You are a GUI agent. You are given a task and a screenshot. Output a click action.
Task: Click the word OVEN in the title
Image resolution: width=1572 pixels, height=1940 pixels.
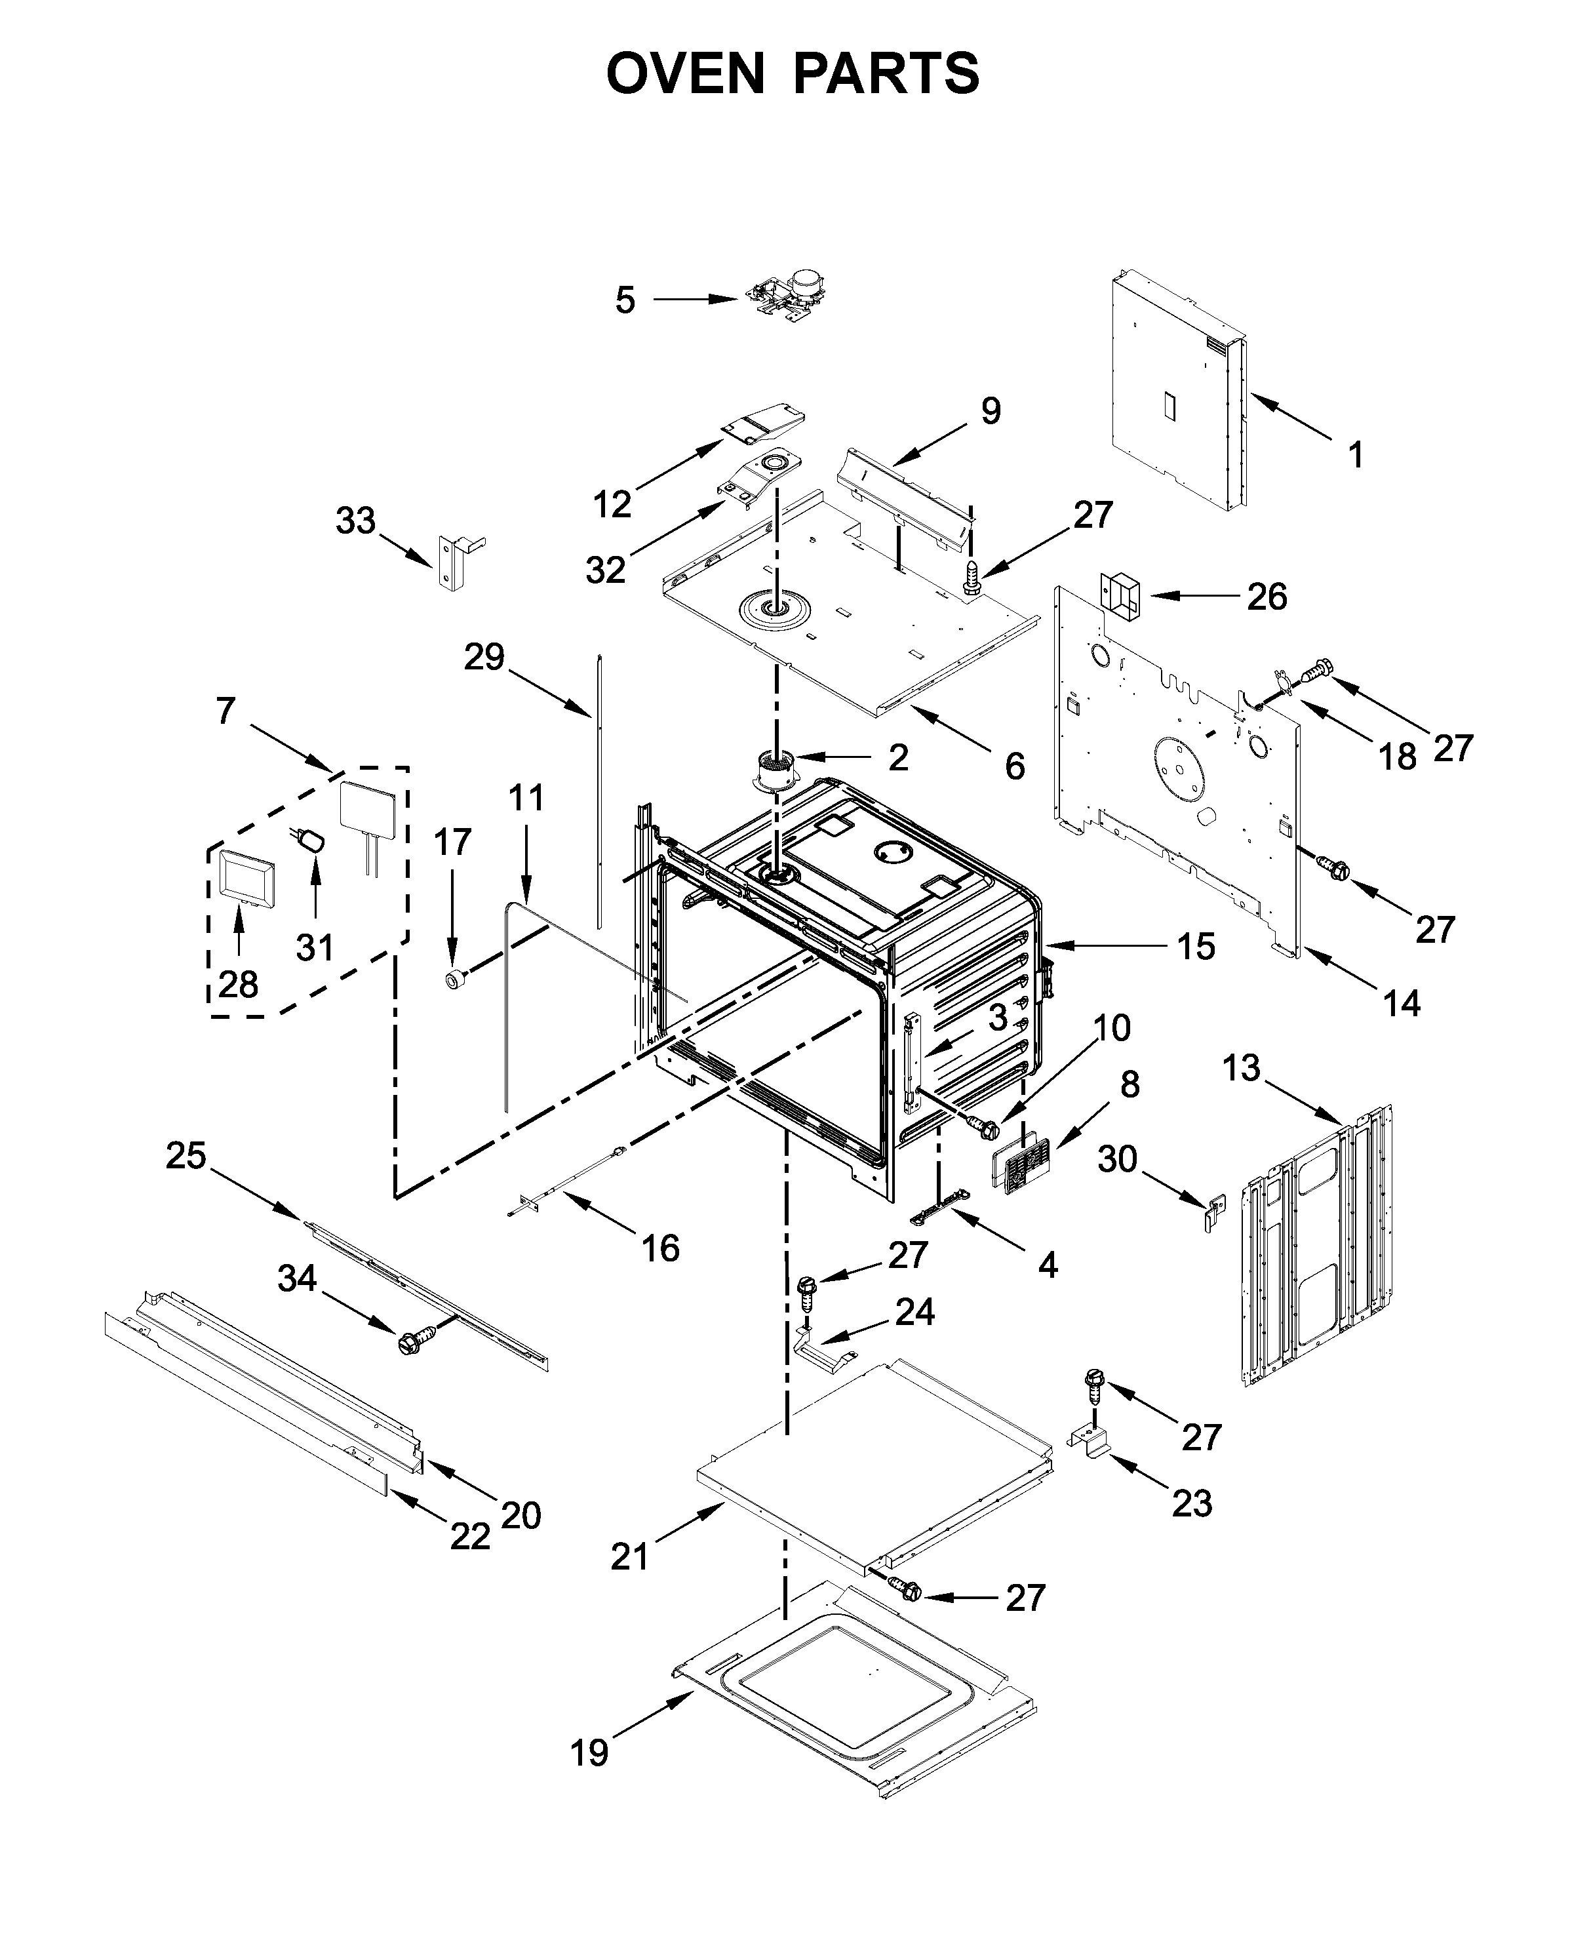coord(686,73)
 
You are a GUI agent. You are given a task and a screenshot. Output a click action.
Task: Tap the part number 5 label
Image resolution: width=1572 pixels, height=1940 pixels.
coord(625,300)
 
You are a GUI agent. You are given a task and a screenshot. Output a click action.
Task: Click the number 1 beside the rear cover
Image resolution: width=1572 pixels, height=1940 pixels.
coord(1356,454)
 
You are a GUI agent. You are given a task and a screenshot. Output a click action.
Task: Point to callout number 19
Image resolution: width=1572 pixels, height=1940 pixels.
coord(589,1753)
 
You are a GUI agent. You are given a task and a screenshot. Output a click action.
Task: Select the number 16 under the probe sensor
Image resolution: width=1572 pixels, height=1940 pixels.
coord(660,1248)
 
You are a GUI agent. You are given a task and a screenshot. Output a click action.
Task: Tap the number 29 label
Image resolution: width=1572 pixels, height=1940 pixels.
coord(484,657)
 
